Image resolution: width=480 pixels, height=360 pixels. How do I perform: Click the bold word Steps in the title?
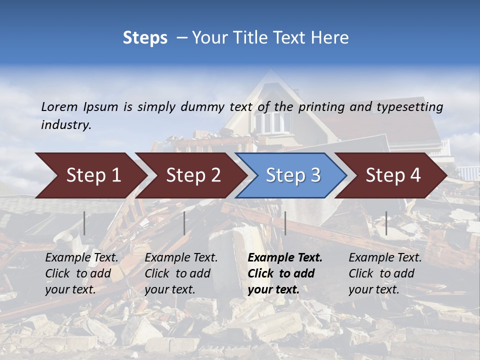click(x=145, y=38)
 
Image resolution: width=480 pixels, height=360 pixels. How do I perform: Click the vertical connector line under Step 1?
click(x=84, y=223)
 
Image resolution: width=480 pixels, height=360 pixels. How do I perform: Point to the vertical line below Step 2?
click(x=184, y=223)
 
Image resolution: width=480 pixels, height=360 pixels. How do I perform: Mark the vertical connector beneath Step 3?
click(x=285, y=223)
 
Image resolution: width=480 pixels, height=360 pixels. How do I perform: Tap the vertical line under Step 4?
click(x=386, y=223)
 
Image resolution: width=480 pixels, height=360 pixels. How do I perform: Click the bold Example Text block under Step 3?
click(x=284, y=273)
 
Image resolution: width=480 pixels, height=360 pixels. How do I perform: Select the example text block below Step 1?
click(x=81, y=273)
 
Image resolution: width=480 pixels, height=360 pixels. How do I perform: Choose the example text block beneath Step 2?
click(x=181, y=273)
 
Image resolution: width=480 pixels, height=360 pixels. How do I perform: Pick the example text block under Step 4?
click(x=385, y=273)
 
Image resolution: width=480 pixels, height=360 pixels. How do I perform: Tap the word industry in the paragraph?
click(x=66, y=125)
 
